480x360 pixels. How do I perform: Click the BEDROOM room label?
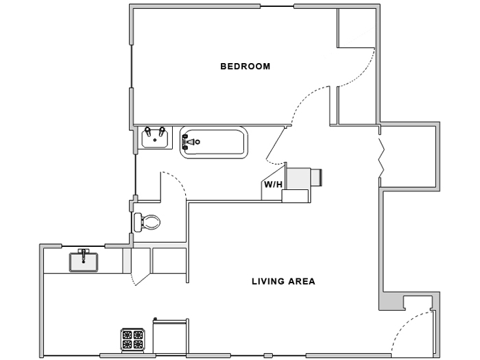coord(245,67)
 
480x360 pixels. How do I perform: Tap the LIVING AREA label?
coord(283,281)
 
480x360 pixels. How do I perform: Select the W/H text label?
coord(273,184)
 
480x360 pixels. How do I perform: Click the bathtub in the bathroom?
coord(213,143)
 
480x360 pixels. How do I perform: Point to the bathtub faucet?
coord(190,143)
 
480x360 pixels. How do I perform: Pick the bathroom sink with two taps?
coord(155,137)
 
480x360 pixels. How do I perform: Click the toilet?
coord(147,221)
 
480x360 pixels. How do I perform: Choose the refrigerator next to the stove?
coord(170,336)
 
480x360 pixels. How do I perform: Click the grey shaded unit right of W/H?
coord(300,178)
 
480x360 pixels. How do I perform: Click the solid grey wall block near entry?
coord(390,300)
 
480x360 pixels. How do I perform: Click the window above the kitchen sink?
coord(84,245)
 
